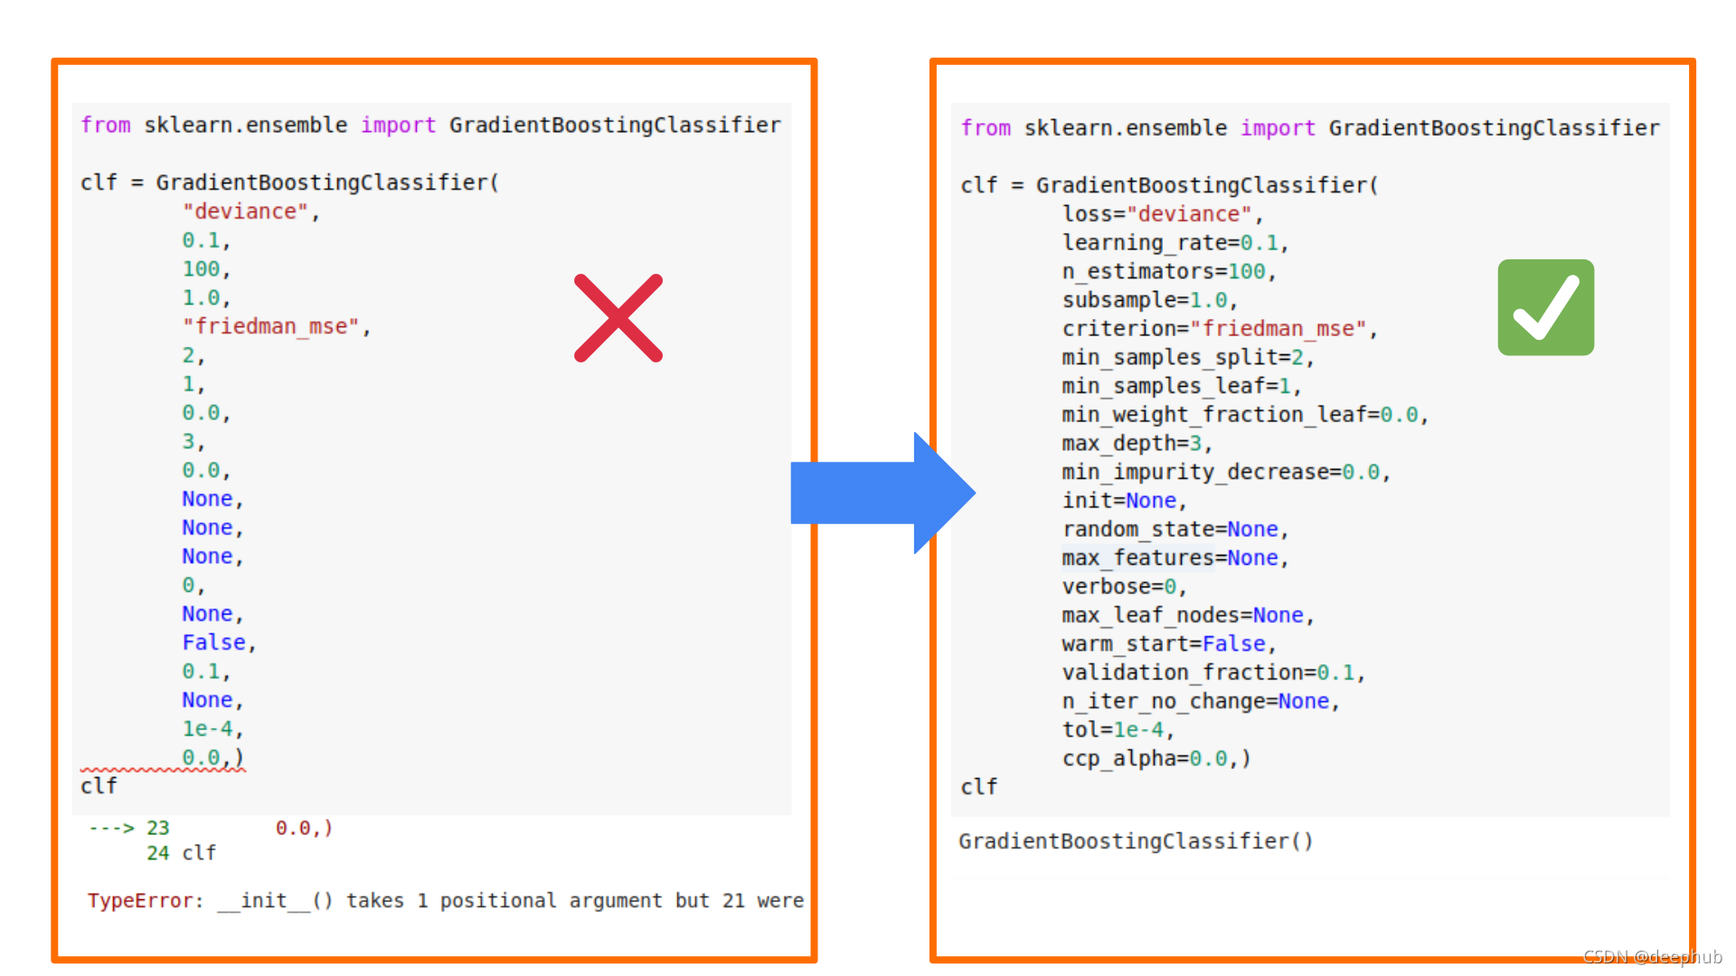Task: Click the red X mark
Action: [618, 318]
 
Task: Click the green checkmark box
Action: [1545, 307]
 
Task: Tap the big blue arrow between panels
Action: [882, 493]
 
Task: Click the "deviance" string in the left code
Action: [246, 211]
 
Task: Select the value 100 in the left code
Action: [201, 269]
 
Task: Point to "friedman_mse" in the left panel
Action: [271, 326]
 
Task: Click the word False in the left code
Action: [213, 643]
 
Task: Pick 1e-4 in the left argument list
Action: [208, 728]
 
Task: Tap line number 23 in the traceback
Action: [158, 828]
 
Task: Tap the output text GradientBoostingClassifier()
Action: [1136, 841]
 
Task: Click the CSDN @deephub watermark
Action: [1652, 956]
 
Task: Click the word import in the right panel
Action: [1277, 128]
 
